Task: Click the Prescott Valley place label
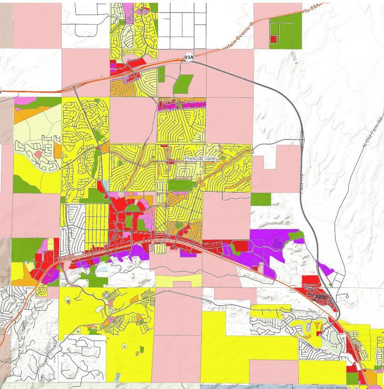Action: [x=201, y=159]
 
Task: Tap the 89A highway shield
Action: [x=188, y=57]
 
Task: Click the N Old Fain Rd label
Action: [x=372, y=132]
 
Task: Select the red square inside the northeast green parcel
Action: [x=273, y=40]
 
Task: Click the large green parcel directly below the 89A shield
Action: [x=184, y=84]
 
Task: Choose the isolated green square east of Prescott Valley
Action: [x=261, y=199]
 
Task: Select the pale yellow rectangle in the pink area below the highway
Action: [x=178, y=281]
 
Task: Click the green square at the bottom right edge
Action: [x=352, y=378]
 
